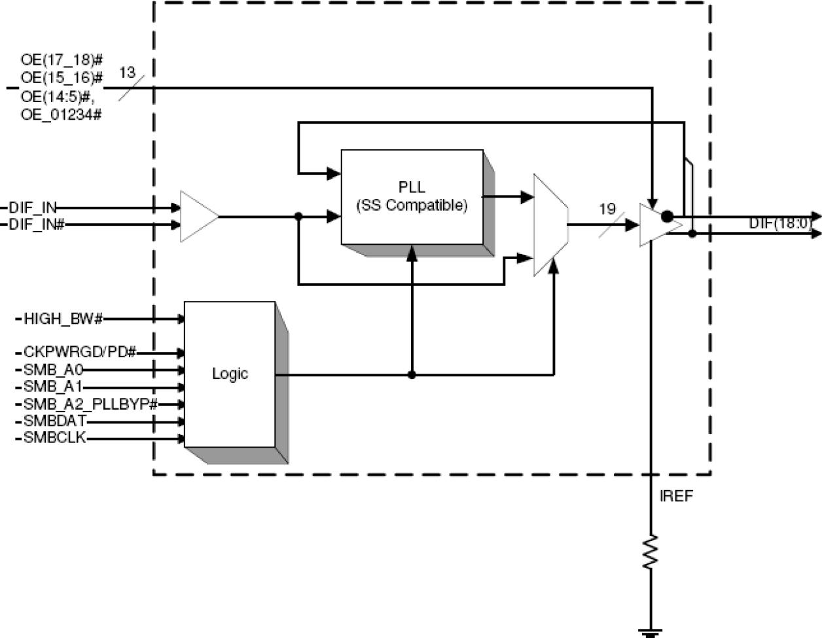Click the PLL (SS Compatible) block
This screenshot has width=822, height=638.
[x=412, y=196]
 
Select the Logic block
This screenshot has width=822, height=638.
[x=230, y=374]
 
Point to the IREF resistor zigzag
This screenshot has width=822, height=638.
[x=651, y=552]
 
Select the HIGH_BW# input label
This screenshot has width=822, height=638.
[x=63, y=319]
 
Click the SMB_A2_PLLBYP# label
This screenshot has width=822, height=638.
[x=90, y=404]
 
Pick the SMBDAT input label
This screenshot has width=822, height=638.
[x=54, y=421]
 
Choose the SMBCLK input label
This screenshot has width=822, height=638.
[x=54, y=438]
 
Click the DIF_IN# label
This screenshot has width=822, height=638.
[x=37, y=225]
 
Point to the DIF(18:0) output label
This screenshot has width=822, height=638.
[x=779, y=224]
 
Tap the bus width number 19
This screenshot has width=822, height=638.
[x=607, y=209]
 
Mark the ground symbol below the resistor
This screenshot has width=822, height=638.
[x=651, y=632]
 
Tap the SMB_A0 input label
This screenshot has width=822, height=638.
[x=53, y=370]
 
